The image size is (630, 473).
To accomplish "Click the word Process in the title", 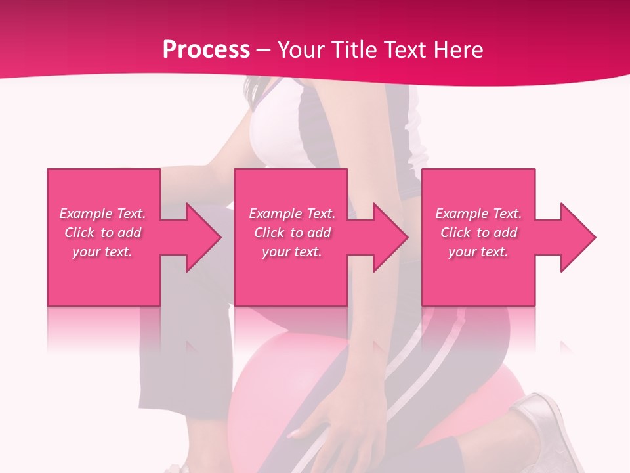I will click(206, 49).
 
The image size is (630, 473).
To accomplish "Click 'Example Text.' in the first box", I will click(102, 214).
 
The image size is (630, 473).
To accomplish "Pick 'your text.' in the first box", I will click(102, 252).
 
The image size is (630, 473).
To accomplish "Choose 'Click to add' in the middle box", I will click(292, 233).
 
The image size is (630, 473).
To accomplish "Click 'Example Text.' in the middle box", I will click(292, 214).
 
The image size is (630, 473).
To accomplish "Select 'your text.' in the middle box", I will click(292, 252).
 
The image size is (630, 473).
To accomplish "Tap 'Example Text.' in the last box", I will click(478, 214).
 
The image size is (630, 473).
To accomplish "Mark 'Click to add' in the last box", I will click(478, 233).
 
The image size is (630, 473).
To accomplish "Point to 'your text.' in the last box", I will click(478, 252).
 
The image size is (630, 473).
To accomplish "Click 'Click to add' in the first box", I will click(102, 233).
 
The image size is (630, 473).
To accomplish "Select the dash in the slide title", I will click(263, 50).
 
